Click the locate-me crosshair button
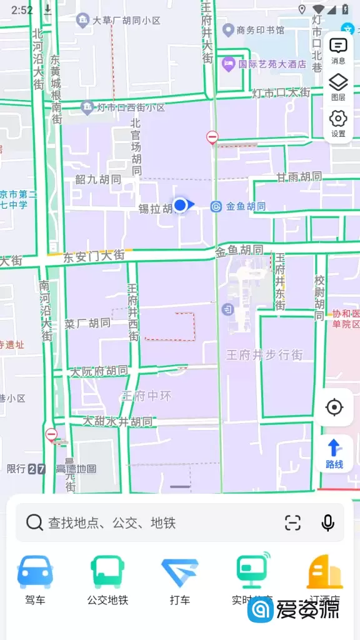334,407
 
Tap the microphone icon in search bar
327,522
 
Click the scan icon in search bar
292,522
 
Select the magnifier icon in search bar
35,522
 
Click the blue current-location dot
181,204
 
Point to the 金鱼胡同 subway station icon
216,206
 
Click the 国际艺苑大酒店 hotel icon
229,63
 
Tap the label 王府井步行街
264,355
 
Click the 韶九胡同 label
97,180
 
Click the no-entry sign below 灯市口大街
212,137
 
